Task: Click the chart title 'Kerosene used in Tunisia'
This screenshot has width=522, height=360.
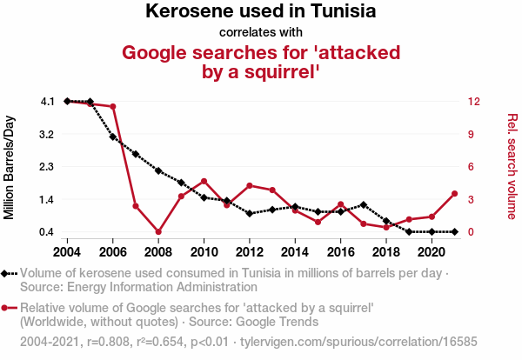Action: [261, 12]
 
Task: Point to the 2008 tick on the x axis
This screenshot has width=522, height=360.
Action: [158, 251]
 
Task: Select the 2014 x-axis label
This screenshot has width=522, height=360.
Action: [295, 251]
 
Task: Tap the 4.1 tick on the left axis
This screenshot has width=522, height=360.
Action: [48, 102]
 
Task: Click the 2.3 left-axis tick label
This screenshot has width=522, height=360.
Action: [48, 166]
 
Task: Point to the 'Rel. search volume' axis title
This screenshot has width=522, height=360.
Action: [512, 166]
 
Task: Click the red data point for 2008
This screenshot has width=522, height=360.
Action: [158, 231]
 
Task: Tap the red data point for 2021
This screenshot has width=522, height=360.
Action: [453, 193]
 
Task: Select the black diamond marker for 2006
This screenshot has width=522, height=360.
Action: [113, 137]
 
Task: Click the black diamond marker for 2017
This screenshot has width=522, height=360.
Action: [363, 204]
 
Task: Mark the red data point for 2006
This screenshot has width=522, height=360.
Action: [113, 107]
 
